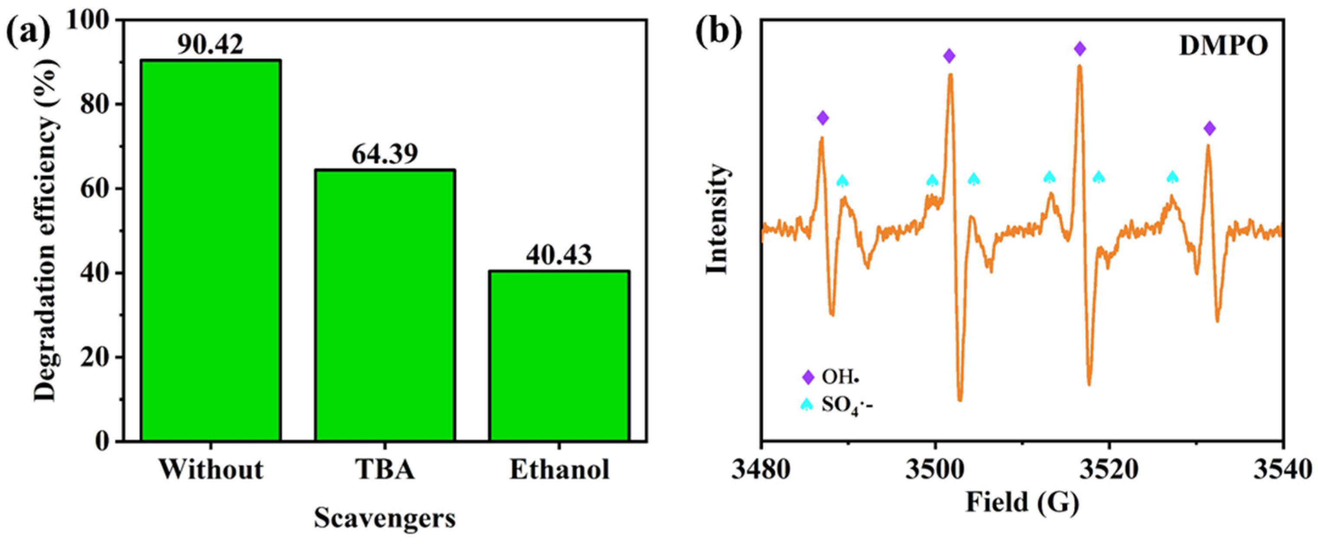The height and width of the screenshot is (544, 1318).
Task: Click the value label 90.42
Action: pyautogui.click(x=210, y=46)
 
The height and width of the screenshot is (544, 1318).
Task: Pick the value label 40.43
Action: pyautogui.click(x=559, y=254)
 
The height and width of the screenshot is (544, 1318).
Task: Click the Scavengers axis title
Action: pyautogui.click(x=385, y=518)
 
